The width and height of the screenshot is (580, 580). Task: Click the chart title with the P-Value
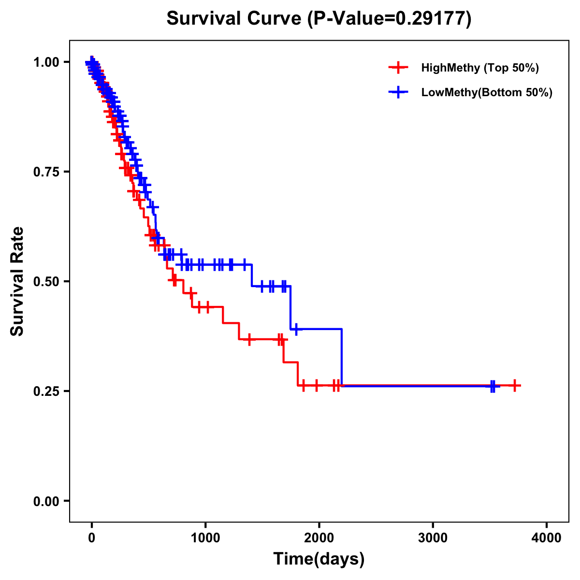click(x=319, y=18)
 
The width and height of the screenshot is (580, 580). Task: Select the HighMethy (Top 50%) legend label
click(x=479, y=68)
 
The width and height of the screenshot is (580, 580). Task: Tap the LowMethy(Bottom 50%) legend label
click(x=487, y=92)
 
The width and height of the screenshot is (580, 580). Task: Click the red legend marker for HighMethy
click(x=398, y=68)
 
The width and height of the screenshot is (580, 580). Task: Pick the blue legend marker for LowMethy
click(x=398, y=92)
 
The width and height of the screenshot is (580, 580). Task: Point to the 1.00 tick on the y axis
click(x=46, y=62)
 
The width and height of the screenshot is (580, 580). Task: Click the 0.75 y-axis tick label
click(x=46, y=172)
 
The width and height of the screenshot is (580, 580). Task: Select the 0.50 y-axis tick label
click(x=46, y=282)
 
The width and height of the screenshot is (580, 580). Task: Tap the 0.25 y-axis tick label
click(x=46, y=391)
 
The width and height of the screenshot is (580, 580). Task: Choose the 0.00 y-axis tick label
click(x=46, y=501)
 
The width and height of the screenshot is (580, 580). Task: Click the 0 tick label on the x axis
click(x=92, y=538)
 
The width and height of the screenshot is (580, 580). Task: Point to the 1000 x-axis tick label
click(x=205, y=538)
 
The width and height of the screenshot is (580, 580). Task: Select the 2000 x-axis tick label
click(x=319, y=538)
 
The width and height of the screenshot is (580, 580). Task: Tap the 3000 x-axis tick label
click(x=433, y=538)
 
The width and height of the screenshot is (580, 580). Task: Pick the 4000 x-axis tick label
click(x=547, y=538)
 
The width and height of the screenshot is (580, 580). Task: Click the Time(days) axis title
click(x=319, y=559)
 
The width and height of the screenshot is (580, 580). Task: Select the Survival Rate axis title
click(x=17, y=281)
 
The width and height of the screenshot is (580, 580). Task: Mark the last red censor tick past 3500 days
click(x=515, y=385)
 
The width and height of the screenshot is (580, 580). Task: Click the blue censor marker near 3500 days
click(x=493, y=386)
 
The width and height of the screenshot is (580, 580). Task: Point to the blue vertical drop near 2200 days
click(x=342, y=358)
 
